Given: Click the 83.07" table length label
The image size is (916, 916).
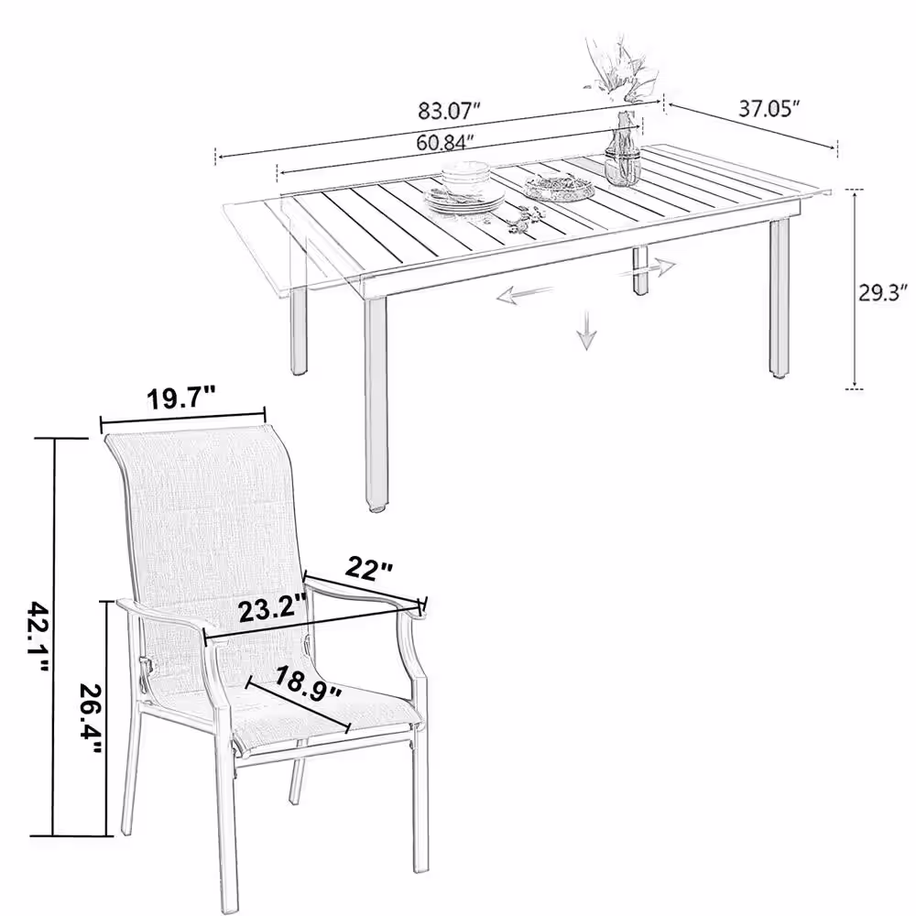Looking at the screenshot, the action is [449, 110].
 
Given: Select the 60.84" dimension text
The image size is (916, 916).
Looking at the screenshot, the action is [445, 142].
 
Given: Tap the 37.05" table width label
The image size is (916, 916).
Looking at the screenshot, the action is [769, 109].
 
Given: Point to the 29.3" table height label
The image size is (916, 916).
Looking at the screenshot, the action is [882, 293].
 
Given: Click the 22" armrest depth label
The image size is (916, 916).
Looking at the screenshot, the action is [370, 568].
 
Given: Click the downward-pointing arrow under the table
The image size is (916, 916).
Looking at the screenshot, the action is [586, 330].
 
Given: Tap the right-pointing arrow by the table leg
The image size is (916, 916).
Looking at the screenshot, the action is [648, 268].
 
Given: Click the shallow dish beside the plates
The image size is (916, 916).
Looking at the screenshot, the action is [559, 188].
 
